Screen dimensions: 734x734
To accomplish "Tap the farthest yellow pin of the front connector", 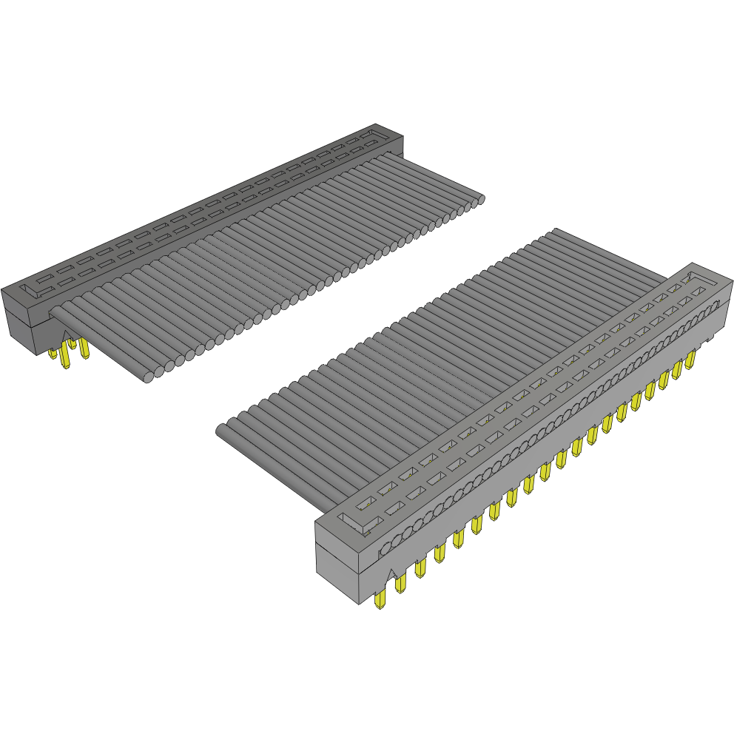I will (690, 360).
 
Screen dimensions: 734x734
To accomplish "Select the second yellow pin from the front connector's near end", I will (401, 585).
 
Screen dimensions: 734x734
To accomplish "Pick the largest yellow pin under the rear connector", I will (67, 359).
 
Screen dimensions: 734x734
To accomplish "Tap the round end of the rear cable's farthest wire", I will (479, 198).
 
